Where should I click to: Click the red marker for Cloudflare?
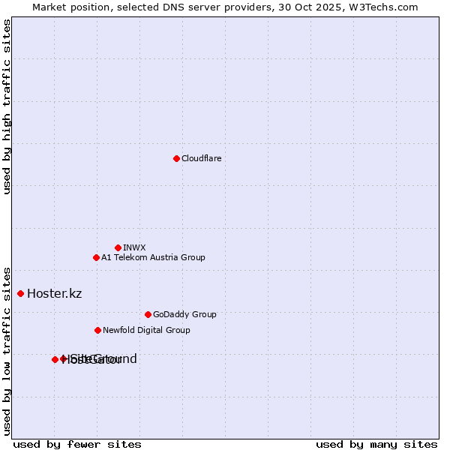click(x=176, y=158)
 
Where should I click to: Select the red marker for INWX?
click(x=118, y=247)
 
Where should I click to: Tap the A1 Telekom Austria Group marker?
click(x=96, y=257)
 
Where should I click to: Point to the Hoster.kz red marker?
click(x=20, y=293)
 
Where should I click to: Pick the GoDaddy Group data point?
click(x=148, y=314)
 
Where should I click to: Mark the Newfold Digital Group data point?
click(x=97, y=330)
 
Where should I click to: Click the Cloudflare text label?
click(x=201, y=158)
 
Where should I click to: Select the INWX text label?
click(x=134, y=247)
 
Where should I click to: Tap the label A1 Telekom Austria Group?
click(x=153, y=257)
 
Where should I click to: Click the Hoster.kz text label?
click(x=54, y=293)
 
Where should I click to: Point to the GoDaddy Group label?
click(x=184, y=314)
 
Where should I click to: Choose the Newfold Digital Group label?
click(x=146, y=330)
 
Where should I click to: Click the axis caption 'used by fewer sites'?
click(x=77, y=444)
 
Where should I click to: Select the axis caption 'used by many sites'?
click(x=376, y=444)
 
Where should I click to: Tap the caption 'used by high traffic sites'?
click(x=7, y=106)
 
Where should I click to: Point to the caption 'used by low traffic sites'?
click(x=7, y=350)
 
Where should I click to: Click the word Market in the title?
click(x=49, y=7)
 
